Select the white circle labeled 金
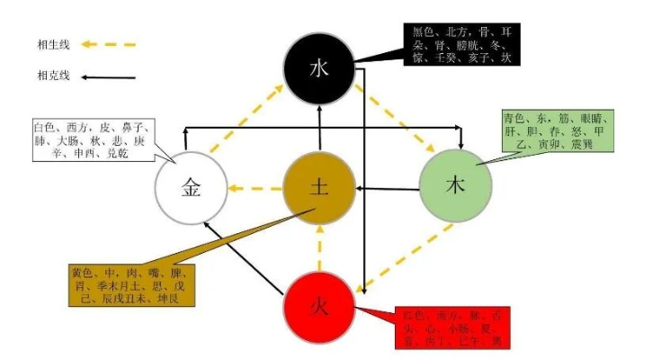[191, 190]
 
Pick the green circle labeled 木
[455, 186]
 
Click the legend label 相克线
[51, 76]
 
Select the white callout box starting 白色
[89, 139]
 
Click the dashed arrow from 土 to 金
[254, 189]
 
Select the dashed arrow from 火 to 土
[319, 247]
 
